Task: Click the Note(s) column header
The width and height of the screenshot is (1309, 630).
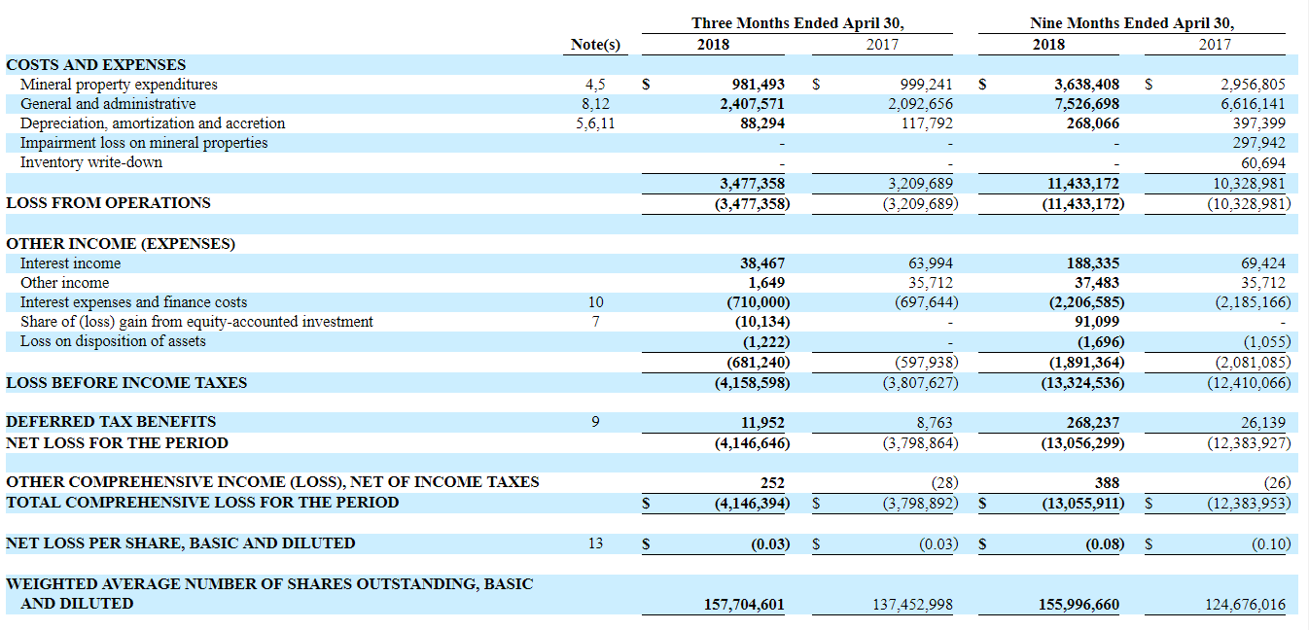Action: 595,45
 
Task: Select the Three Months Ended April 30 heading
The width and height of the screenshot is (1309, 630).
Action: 797,22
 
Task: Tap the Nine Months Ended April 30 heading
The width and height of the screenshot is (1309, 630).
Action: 1132,22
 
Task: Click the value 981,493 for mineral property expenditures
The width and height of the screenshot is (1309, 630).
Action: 758,85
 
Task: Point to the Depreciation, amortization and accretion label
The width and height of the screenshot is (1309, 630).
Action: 153,123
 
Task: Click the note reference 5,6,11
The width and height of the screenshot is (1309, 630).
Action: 595,123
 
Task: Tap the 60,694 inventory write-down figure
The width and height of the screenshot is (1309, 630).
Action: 1263,163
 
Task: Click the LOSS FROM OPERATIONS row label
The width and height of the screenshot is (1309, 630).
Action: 108,203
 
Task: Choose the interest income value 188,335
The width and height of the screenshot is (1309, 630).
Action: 1093,263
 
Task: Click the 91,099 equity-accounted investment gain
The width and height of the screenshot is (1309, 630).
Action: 1097,322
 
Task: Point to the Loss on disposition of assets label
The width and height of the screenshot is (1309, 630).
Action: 113,341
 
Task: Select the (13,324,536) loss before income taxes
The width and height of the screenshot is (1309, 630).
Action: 1082,383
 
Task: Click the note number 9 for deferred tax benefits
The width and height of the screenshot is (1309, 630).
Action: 595,422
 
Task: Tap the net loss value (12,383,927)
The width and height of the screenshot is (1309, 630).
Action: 1249,443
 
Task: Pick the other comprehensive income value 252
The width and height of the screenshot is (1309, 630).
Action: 772,483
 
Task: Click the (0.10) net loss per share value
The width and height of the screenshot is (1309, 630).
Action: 1270,544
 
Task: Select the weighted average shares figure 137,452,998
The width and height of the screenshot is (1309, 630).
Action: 912,605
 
